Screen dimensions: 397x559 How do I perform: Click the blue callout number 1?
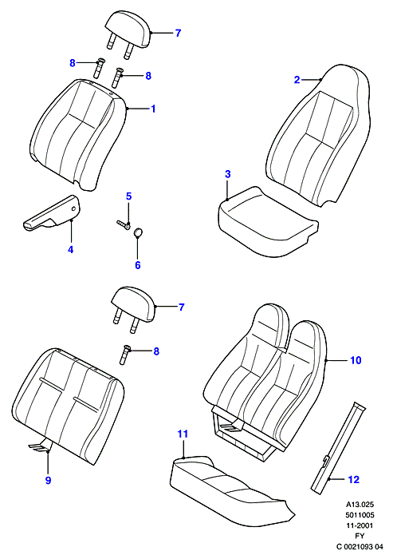tap(153, 109)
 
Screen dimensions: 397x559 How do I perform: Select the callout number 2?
tap(297, 80)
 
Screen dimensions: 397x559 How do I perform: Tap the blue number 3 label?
tap(228, 174)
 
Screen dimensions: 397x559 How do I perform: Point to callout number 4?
tap(70, 249)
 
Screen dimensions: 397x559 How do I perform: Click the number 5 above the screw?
tap(129, 196)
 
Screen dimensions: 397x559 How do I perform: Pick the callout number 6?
tap(138, 265)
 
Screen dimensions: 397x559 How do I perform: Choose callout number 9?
tap(48, 480)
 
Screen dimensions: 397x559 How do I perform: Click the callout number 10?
tap(356, 360)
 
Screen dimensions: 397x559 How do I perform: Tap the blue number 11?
tap(183, 434)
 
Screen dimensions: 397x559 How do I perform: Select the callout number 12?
tap(354, 479)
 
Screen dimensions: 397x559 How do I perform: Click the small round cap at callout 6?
tap(138, 233)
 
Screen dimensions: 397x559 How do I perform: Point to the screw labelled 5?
tap(124, 224)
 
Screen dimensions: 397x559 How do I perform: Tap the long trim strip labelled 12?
tap(338, 448)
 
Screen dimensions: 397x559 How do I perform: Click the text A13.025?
tap(360, 505)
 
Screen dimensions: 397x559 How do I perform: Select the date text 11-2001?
tap(360, 525)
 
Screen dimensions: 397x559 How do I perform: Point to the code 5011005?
tap(360, 515)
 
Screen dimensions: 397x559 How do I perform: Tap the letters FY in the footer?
tap(360, 536)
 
